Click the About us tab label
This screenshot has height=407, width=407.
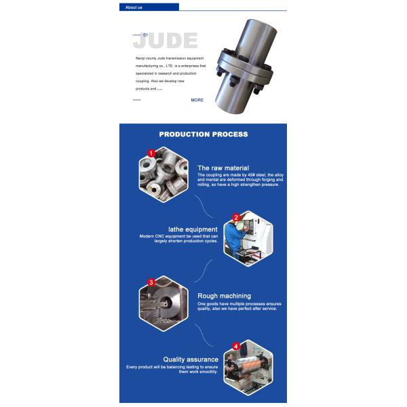pyautogui.click(x=134, y=7)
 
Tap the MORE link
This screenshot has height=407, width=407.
pyautogui.click(x=197, y=100)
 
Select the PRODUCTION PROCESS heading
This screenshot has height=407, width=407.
pyautogui.click(x=203, y=134)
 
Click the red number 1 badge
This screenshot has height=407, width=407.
pyautogui.click(x=151, y=154)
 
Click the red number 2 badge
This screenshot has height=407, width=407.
pyautogui.click(x=236, y=218)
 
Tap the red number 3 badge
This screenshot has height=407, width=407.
pyautogui.click(x=151, y=282)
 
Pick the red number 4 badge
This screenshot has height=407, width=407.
pyautogui.click(x=236, y=346)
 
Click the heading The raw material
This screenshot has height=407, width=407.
pyautogui.click(x=223, y=168)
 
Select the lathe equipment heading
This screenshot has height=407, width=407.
pyautogui.click(x=193, y=229)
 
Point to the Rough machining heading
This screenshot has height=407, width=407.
pyautogui.click(x=224, y=296)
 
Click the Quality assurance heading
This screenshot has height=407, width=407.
pyautogui.click(x=191, y=359)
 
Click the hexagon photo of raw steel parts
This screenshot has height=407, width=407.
pyautogui.click(x=163, y=174)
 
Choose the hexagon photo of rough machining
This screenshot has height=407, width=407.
pyautogui.click(x=163, y=303)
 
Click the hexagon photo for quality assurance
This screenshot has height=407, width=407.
pyautogui.click(x=248, y=367)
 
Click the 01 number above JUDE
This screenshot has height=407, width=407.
pyautogui.click(x=144, y=34)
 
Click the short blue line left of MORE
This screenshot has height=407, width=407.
pyautogui.click(x=137, y=100)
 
